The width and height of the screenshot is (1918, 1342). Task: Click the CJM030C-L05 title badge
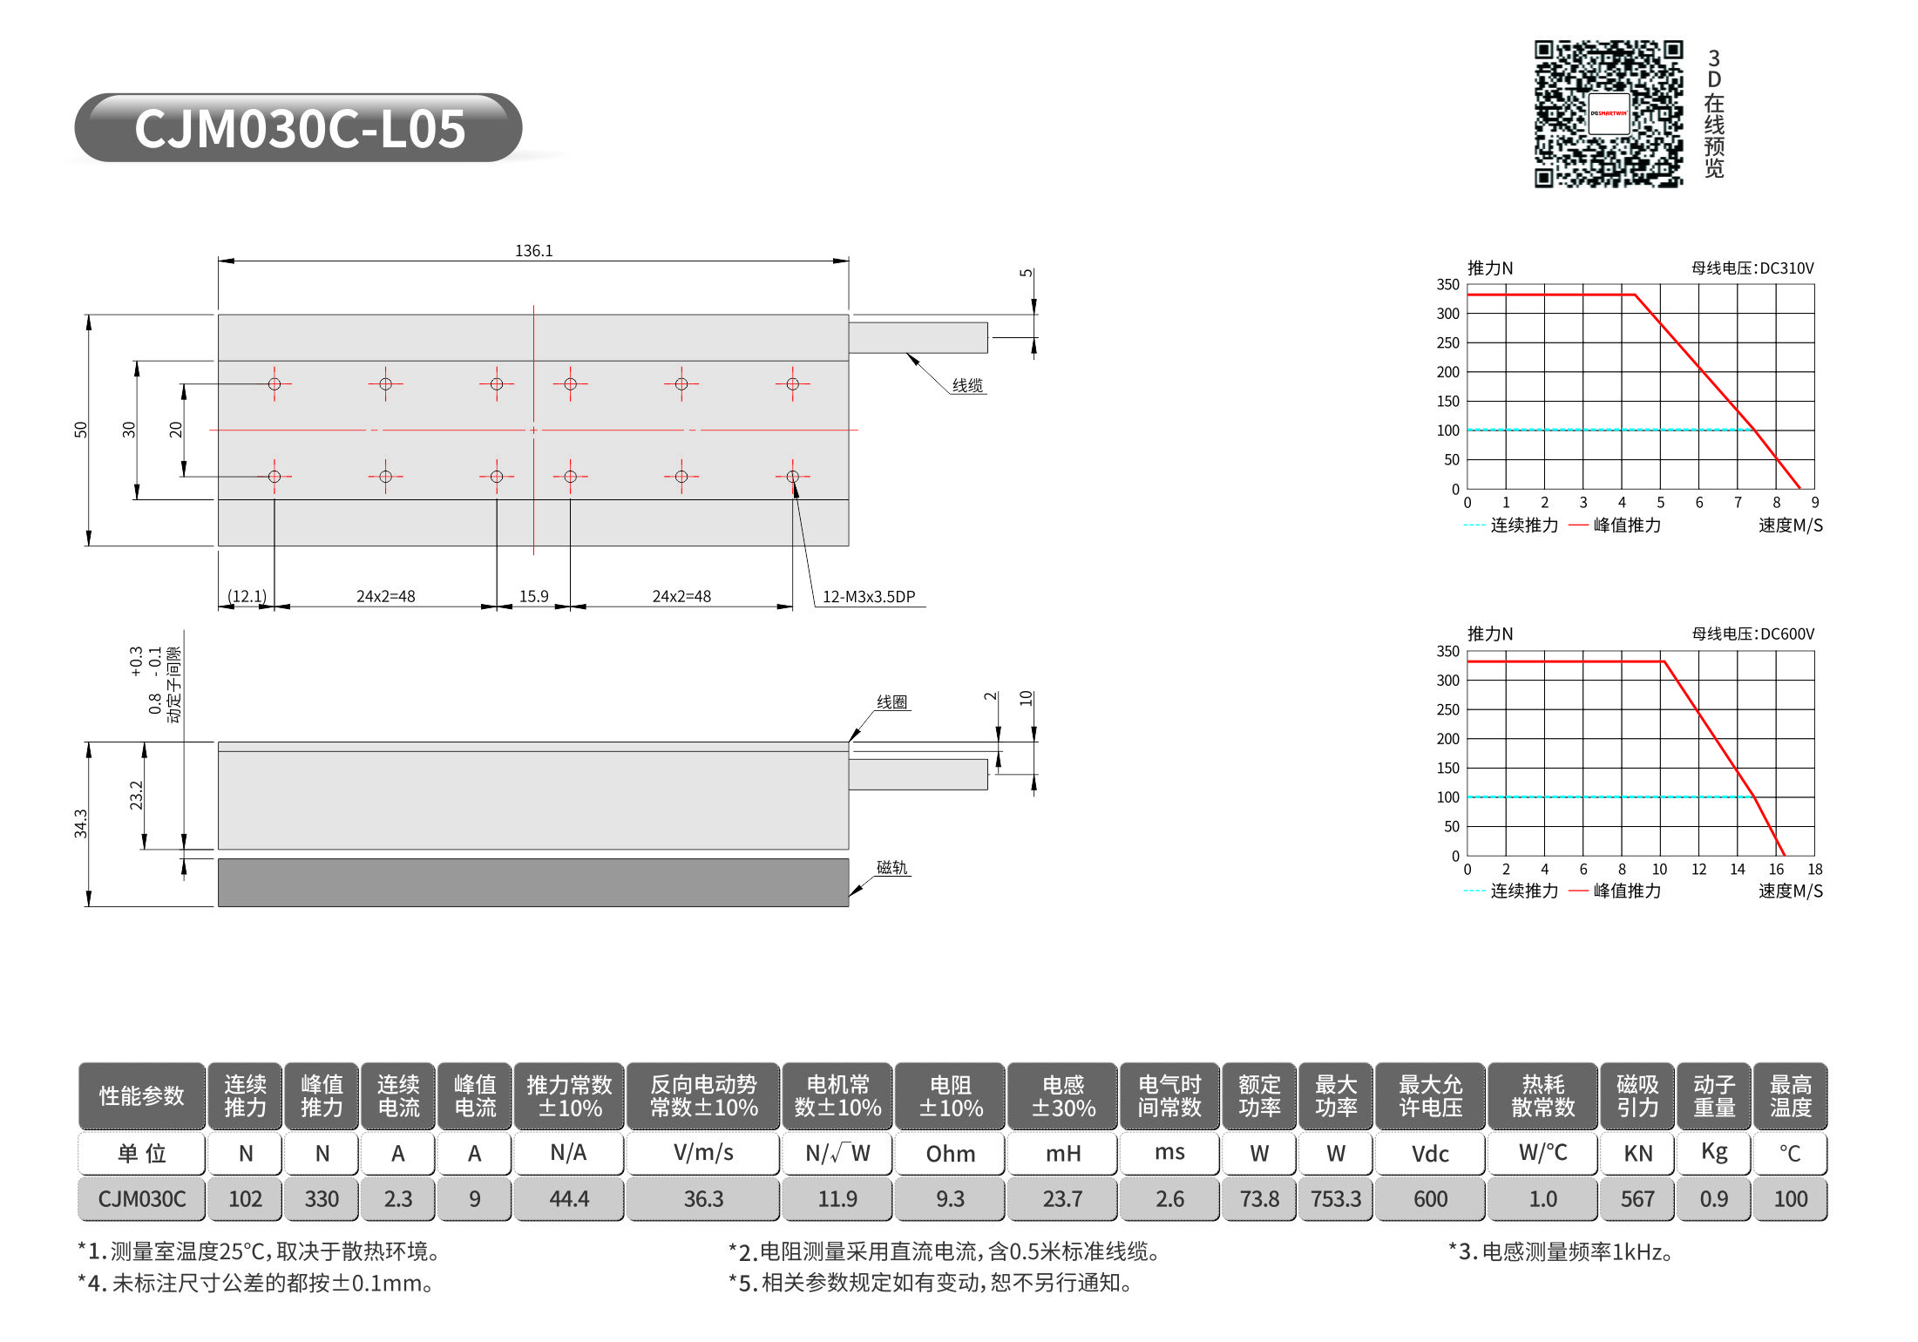299,128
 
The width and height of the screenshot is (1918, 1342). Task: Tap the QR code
1609,113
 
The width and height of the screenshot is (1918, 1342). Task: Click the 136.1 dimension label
533,251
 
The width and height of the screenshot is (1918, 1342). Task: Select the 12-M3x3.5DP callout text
869,597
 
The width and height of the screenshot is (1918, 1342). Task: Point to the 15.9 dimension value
533,597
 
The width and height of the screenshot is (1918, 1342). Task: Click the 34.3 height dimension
81,823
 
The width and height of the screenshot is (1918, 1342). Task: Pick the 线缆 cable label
967,385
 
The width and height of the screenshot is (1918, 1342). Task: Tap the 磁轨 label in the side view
892,867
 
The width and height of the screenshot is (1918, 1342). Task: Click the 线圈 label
892,702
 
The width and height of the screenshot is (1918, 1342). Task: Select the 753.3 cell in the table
1336,1199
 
